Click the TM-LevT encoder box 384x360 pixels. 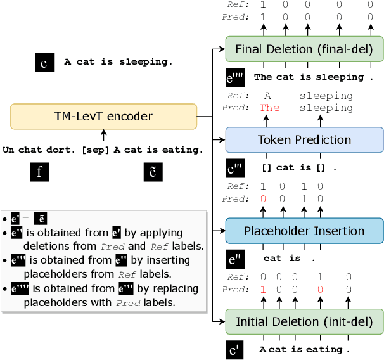point(103,117)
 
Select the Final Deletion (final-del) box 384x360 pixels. point(304,49)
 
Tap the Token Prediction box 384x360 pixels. point(304,140)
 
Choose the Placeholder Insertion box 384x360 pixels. point(304,231)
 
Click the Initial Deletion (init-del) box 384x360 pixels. point(304,322)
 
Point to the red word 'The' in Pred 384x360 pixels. point(269,108)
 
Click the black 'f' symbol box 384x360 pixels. point(39,172)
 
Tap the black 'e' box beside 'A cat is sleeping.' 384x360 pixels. point(44,62)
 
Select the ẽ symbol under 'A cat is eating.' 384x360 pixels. point(153,172)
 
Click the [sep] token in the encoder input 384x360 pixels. point(95,150)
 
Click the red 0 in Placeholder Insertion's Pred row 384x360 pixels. point(263,199)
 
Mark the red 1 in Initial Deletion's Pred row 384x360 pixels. point(263,290)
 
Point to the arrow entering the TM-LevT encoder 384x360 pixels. point(103,135)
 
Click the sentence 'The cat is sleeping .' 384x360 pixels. point(309,77)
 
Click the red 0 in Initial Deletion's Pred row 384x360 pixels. point(320,290)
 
